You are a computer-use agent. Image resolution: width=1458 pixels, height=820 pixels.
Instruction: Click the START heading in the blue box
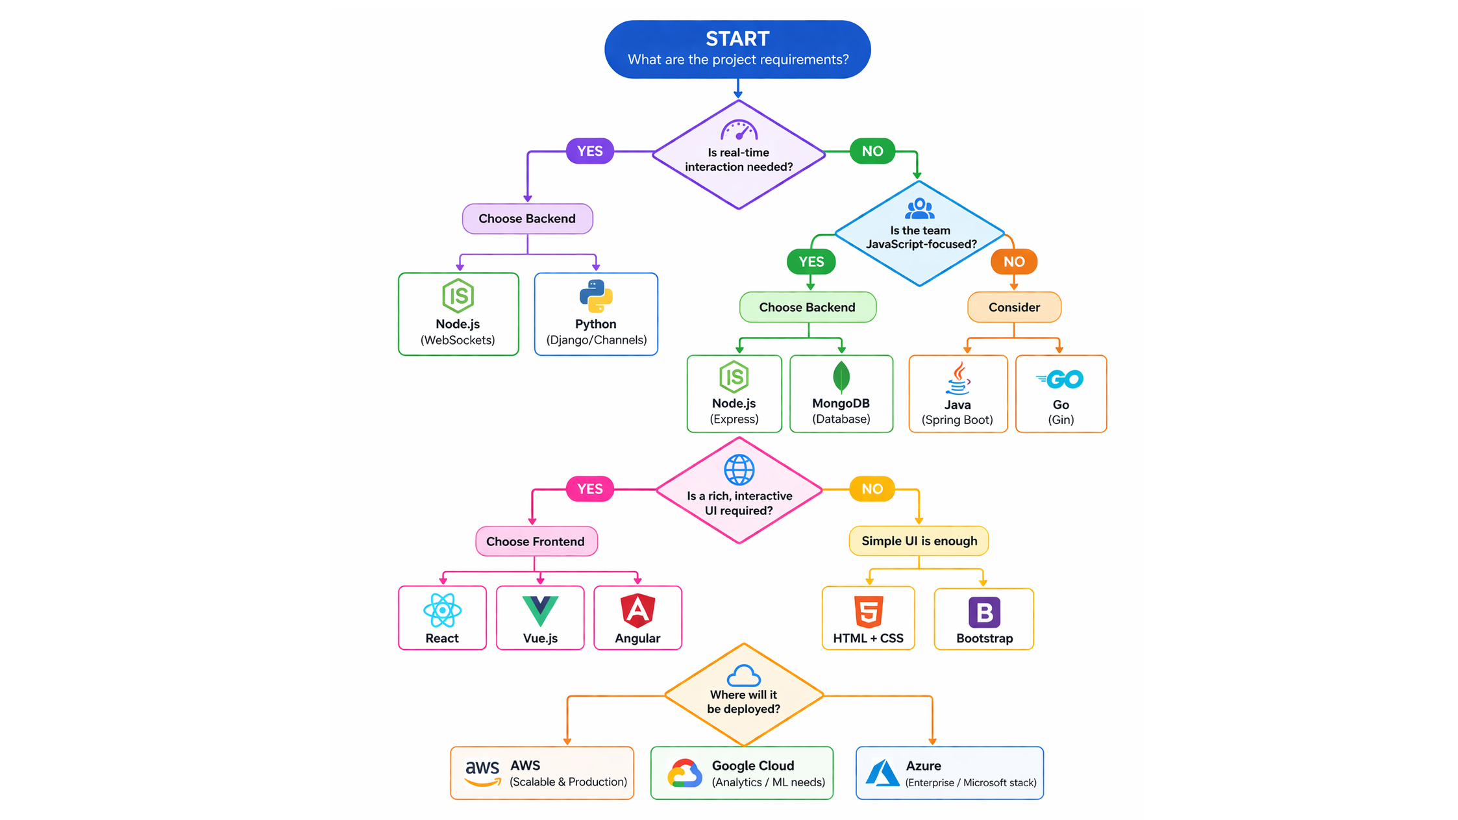pos(737,39)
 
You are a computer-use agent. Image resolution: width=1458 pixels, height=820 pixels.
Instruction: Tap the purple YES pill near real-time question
pos(589,151)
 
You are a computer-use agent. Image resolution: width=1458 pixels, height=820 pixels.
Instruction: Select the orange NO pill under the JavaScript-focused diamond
pos(1013,262)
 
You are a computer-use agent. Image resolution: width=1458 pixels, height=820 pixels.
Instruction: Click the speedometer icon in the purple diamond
pos(739,130)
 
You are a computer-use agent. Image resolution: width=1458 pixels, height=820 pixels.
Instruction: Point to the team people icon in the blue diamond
pos(919,208)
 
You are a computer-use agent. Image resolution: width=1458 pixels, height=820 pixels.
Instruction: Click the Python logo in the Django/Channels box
pos(595,296)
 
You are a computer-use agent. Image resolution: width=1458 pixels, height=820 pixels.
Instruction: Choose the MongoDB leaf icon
pos(841,377)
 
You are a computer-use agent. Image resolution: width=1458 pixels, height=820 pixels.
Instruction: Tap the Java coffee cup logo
pos(958,379)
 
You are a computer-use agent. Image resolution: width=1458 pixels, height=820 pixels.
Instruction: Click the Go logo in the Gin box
pos(1061,379)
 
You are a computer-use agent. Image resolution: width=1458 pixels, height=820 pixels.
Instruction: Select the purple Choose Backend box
pos(527,219)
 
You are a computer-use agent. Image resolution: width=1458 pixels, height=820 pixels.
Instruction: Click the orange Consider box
pos(1014,307)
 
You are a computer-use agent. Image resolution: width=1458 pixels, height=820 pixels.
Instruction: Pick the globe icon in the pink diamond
pos(739,470)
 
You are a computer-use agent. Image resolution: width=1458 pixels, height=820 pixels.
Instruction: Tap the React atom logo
pos(442,610)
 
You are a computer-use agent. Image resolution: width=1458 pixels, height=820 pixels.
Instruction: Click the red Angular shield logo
pos(637,610)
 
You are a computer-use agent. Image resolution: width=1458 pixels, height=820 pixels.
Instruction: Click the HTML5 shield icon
pos(869,612)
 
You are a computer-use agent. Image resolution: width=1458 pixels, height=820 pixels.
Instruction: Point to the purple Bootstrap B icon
pos(984,612)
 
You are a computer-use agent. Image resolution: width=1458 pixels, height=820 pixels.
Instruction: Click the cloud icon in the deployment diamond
pos(743,676)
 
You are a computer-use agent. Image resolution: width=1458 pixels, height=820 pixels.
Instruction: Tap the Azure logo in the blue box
pos(883,773)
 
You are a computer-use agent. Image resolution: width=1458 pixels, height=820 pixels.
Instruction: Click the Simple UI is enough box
pos(919,541)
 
